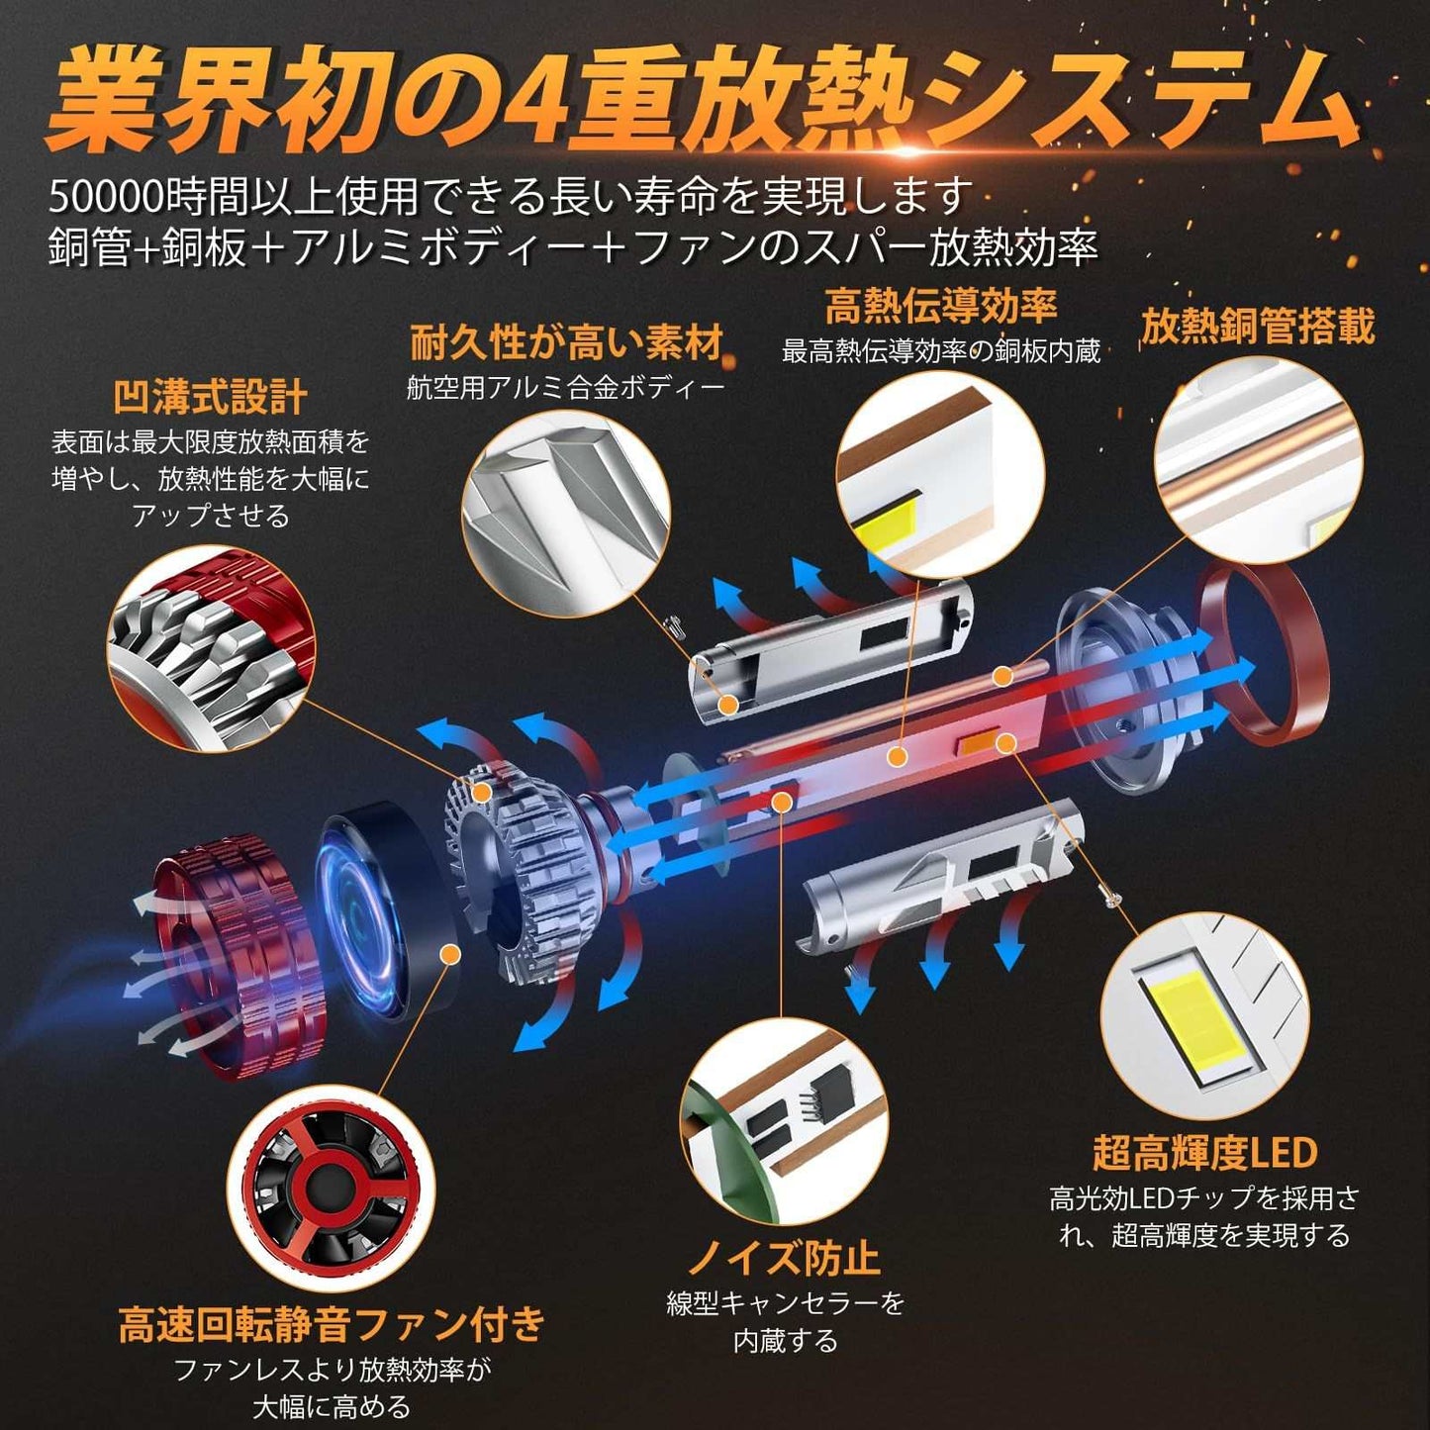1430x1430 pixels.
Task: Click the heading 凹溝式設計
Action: [x=210, y=398]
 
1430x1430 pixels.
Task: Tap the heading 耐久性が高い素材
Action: [x=567, y=343]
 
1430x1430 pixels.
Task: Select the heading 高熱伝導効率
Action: [x=941, y=306]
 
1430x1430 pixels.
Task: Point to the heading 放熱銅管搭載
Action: [x=1257, y=326]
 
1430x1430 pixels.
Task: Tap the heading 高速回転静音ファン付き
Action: [x=331, y=1323]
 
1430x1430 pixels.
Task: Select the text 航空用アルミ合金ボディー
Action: [x=565, y=388]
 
